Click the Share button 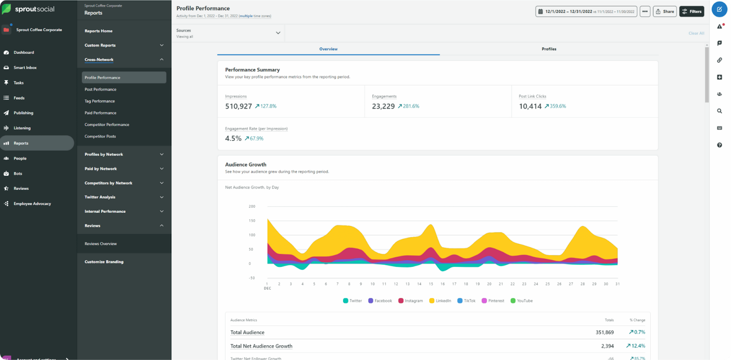click(x=665, y=11)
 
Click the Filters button click(x=692, y=11)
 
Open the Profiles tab click(x=549, y=49)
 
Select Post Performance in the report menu click(x=101, y=90)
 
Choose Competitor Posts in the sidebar click(x=100, y=137)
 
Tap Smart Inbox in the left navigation click(x=25, y=68)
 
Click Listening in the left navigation click(x=22, y=128)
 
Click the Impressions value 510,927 click(x=238, y=106)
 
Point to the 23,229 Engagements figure click(x=383, y=106)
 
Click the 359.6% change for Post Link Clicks click(x=557, y=106)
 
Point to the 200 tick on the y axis click(x=252, y=206)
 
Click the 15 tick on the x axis click(x=431, y=284)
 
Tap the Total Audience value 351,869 click(x=604, y=333)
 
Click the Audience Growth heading click(x=246, y=164)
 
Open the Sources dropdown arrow click(x=278, y=33)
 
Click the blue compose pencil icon click(x=719, y=9)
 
